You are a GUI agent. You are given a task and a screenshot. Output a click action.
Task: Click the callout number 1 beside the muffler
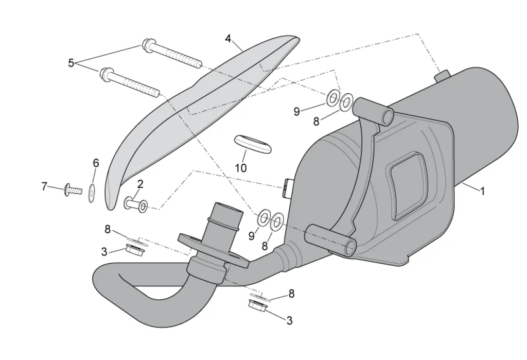[482, 191]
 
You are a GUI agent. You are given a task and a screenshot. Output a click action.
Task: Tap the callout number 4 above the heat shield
[229, 39]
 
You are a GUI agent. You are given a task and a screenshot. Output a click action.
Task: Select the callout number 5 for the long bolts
[71, 63]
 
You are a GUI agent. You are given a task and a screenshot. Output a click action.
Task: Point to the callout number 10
[240, 168]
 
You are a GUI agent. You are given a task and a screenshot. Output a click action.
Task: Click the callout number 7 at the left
[44, 186]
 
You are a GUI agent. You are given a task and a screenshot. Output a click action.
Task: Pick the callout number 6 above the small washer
[96, 163]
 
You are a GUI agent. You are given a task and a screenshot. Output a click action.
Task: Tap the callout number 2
[140, 183]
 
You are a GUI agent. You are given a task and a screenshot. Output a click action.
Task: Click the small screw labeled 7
[73, 191]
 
